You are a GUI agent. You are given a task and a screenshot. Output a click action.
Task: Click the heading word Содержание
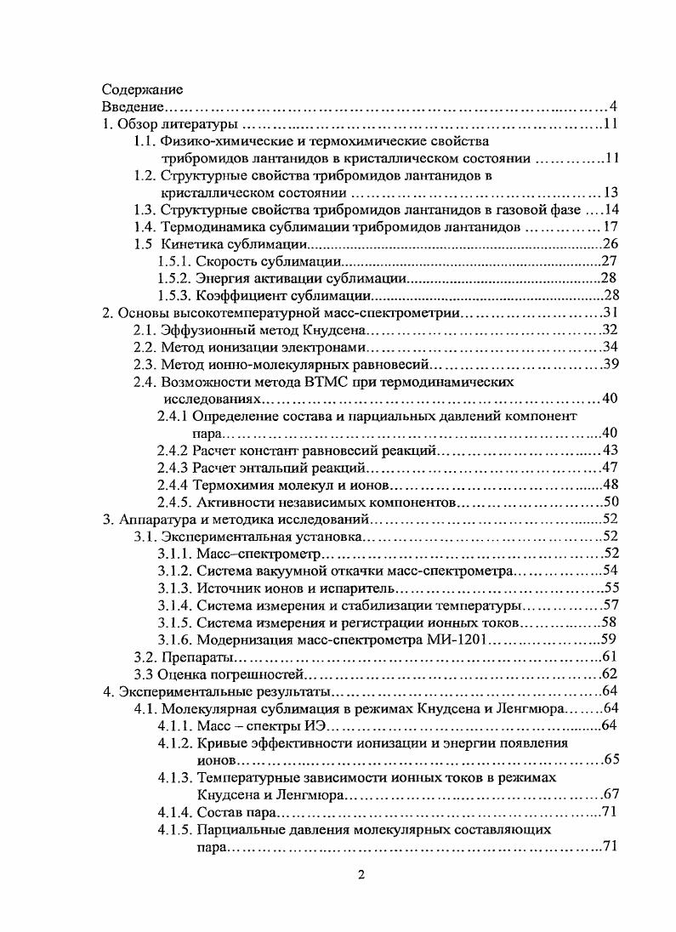[142, 89]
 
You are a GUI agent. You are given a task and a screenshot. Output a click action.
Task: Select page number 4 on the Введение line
[612, 106]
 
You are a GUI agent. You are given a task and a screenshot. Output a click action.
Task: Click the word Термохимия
[234, 485]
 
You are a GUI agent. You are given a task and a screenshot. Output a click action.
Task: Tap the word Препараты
[195, 656]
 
